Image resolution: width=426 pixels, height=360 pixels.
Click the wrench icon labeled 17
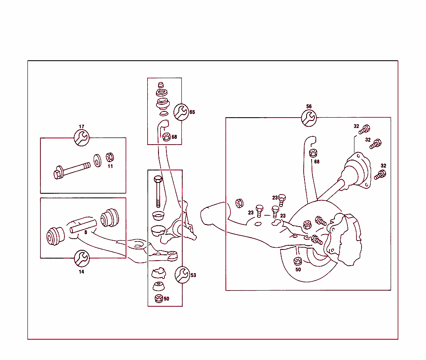click(x=82, y=138)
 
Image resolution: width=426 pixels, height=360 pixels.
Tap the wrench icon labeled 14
click(x=82, y=259)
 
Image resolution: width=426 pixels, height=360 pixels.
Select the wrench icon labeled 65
click(x=181, y=112)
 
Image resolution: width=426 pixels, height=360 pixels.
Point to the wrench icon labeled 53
click(x=181, y=275)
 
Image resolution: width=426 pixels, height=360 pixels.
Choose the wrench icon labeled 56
click(x=309, y=118)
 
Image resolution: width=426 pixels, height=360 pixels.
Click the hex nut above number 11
click(x=110, y=158)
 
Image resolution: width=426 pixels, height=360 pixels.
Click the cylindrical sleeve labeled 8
click(x=83, y=224)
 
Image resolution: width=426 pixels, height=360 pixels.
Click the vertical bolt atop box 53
click(x=157, y=191)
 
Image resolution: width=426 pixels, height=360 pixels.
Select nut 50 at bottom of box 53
click(x=158, y=298)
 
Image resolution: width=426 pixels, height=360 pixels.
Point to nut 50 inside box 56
click(x=297, y=261)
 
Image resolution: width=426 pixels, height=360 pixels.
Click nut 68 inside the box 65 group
click(x=166, y=136)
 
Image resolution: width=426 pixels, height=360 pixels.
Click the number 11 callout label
click(x=110, y=166)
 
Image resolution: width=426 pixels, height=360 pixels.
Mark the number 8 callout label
click(x=86, y=232)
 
